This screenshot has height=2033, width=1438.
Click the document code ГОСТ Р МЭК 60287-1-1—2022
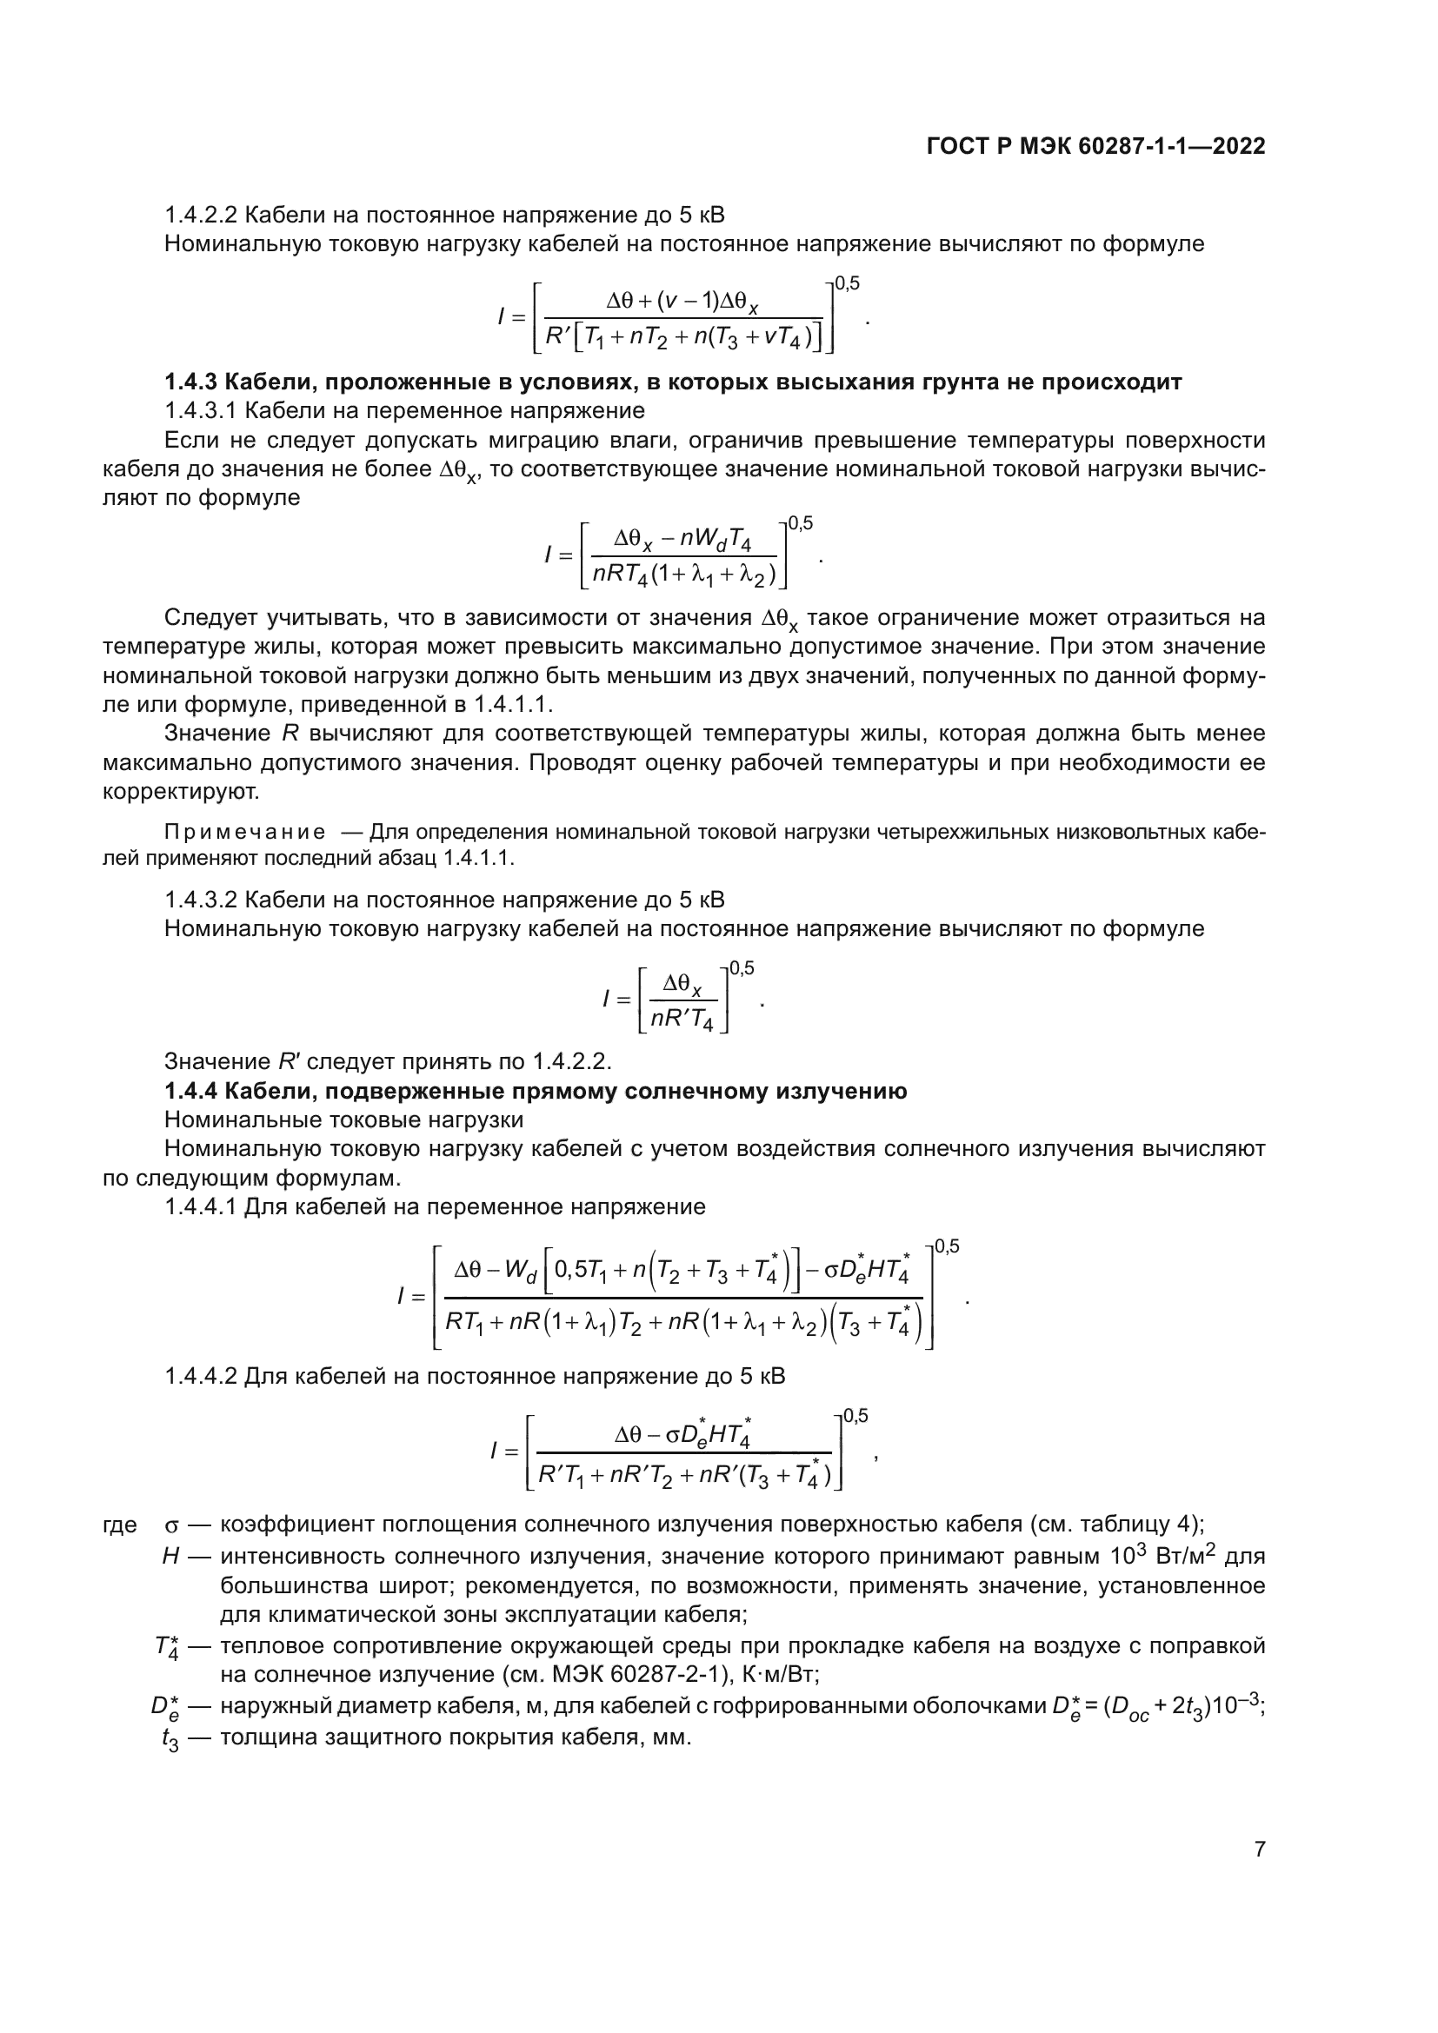[1095, 147]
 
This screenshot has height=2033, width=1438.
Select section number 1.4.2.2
[200, 216]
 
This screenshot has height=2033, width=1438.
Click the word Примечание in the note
[244, 833]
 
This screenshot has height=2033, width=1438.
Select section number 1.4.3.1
[200, 411]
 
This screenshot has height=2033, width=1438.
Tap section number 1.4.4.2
[200, 1376]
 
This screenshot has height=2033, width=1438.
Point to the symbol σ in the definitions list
[173, 1525]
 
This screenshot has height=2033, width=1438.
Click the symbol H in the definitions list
[171, 1557]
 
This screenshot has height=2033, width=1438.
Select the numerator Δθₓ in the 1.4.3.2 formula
[682, 985]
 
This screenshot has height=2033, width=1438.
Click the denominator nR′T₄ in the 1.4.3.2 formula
[682, 1020]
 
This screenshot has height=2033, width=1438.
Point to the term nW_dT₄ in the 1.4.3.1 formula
[716, 540]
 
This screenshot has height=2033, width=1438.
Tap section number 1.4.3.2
[200, 900]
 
